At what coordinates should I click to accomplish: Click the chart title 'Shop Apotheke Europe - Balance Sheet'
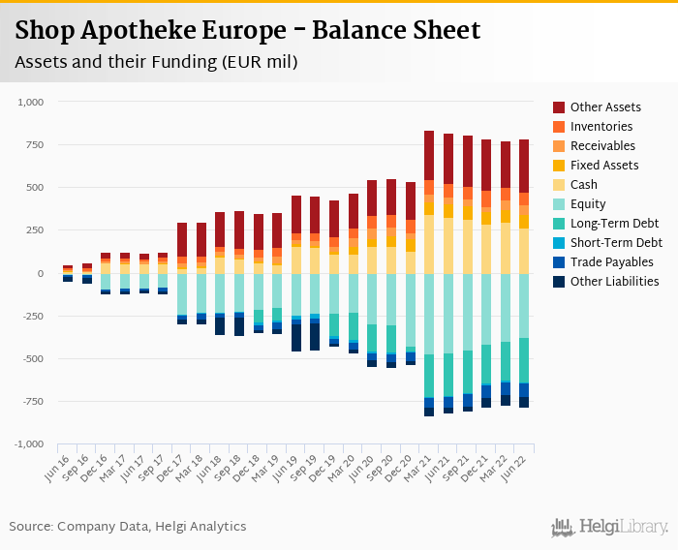click(x=248, y=31)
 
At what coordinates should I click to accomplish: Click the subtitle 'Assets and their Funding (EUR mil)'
click(x=155, y=62)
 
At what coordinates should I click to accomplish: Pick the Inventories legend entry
click(x=601, y=127)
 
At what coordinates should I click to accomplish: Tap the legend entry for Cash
click(x=584, y=185)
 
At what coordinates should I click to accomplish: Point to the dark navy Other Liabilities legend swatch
click(x=559, y=282)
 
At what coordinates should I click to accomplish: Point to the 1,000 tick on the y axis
click(x=31, y=102)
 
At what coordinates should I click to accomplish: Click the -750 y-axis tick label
click(x=33, y=402)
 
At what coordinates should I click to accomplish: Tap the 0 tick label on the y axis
click(x=41, y=273)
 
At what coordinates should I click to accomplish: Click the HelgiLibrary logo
click(x=610, y=527)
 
